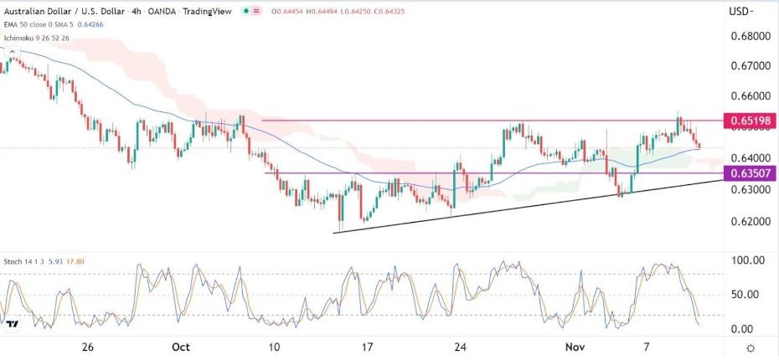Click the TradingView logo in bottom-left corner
tap(13, 324)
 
